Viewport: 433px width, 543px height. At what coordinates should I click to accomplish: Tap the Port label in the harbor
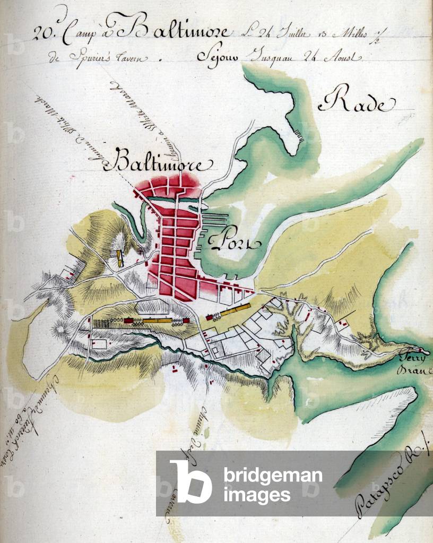(x=232, y=242)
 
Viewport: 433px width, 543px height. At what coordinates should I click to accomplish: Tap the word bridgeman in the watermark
(x=272, y=476)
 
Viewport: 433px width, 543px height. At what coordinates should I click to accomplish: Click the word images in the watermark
(x=257, y=495)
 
